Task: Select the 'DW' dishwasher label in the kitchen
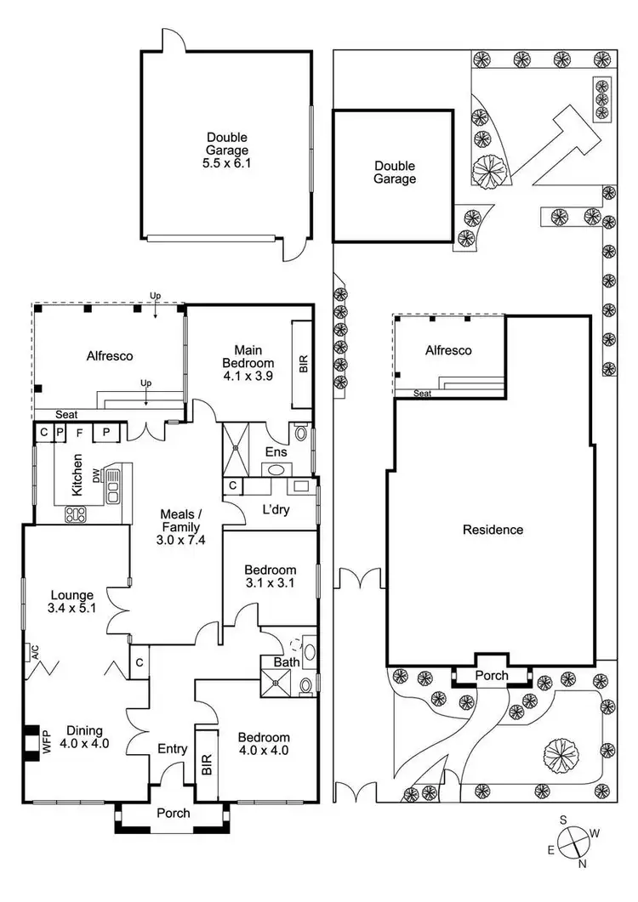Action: pyautogui.click(x=97, y=474)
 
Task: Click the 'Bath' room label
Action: pyautogui.click(x=286, y=661)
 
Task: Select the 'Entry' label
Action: pyautogui.click(x=173, y=749)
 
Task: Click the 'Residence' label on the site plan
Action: pyautogui.click(x=493, y=530)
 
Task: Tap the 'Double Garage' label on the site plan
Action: pyautogui.click(x=395, y=173)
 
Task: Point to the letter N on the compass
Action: pyautogui.click(x=582, y=865)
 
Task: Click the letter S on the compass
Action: pyautogui.click(x=563, y=820)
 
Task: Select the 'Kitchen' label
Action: pyautogui.click(x=77, y=475)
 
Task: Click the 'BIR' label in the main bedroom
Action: pyautogui.click(x=301, y=364)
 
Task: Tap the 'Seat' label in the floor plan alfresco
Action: pyautogui.click(x=67, y=414)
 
